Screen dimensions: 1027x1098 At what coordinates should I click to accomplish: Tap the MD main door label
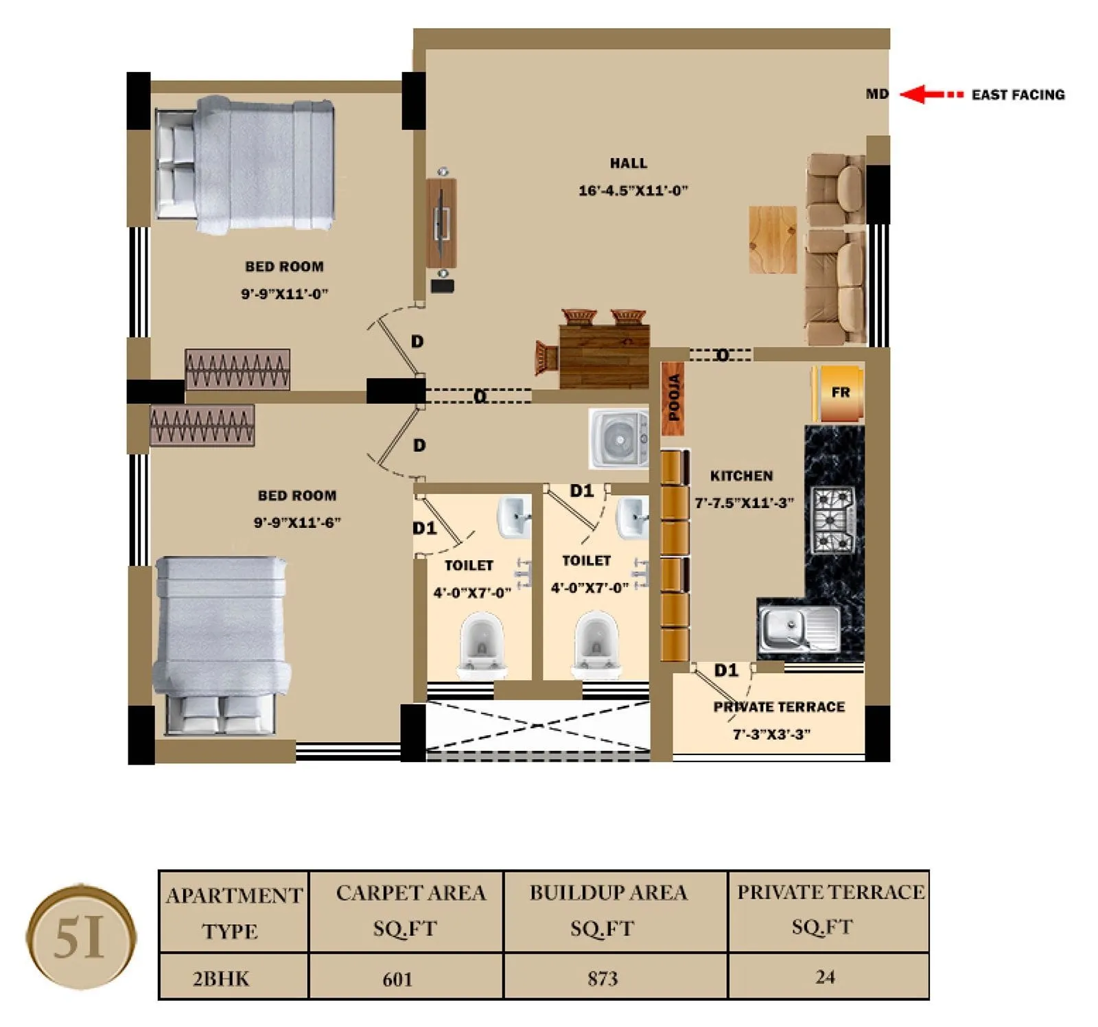click(876, 94)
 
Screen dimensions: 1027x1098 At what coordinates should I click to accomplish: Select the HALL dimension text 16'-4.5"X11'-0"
click(632, 191)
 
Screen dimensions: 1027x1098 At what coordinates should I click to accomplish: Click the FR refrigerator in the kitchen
click(839, 393)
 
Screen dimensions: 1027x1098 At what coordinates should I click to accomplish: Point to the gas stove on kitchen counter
click(833, 520)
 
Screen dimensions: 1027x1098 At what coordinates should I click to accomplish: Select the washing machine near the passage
click(618, 439)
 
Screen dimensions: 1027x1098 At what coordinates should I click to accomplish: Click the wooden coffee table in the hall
click(773, 239)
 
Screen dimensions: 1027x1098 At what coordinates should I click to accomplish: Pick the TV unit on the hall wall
click(441, 223)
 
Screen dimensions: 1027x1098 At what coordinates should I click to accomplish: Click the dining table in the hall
click(604, 356)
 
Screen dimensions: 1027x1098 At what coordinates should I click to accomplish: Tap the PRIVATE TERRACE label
click(778, 707)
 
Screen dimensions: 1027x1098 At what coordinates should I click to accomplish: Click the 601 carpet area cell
click(397, 979)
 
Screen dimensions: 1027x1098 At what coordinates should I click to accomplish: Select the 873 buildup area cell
click(602, 978)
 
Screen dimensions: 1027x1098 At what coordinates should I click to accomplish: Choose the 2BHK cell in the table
click(221, 978)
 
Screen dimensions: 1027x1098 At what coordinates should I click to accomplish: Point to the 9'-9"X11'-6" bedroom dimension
click(297, 522)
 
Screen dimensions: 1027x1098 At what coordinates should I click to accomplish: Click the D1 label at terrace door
click(725, 671)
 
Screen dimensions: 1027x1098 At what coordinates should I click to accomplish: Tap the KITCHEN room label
click(741, 476)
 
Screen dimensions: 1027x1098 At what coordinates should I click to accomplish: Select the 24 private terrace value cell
click(825, 977)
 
